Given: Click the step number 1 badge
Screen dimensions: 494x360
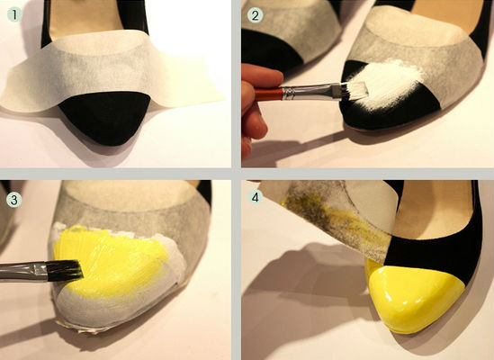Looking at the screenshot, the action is pos(13,14).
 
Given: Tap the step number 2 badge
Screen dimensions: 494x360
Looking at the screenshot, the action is pos(256,14).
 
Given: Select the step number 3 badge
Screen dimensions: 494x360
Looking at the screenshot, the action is pos(13,200).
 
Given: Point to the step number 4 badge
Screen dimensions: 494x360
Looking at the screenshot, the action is pos(256,197).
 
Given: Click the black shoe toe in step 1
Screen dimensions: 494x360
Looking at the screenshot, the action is pos(105,117).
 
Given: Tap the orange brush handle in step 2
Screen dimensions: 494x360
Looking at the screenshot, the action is pos(268,94).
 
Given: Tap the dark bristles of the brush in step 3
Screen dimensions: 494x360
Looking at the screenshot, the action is pos(66,271).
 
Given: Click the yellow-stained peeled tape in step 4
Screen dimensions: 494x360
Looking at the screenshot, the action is pos(334,218).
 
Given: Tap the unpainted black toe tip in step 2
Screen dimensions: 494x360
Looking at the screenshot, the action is pos(378,117).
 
